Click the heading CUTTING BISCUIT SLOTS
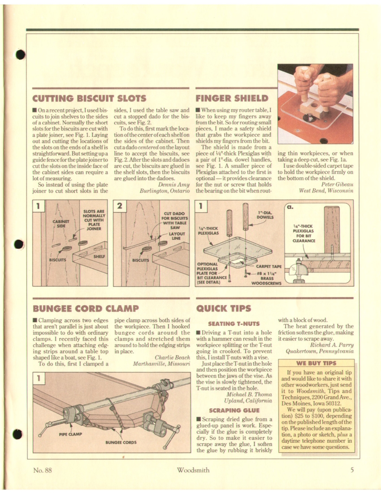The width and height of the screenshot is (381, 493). click(x=89, y=99)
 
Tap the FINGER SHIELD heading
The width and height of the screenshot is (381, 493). click(x=232, y=99)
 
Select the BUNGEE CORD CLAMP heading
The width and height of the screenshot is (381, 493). click(x=86, y=308)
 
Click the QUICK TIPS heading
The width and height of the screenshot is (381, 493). click(x=224, y=308)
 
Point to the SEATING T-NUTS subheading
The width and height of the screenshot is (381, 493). click(x=234, y=324)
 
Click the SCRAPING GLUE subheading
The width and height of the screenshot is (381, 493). click(x=234, y=410)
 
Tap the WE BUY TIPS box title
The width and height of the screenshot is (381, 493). click(x=316, y=363)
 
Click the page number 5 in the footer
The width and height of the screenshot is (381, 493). click(x=352, y=470)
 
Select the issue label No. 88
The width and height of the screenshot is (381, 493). click(x=43, y=470)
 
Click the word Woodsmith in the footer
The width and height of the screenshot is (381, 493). click(x=193, y=470)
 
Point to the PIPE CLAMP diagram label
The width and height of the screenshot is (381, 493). click(x=70, y=434)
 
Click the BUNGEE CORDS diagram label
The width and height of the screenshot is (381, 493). click(x=121, y=442)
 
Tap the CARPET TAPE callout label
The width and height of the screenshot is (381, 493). click(x=269, y=266)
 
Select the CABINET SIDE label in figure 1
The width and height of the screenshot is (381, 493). click(x=61, y=224)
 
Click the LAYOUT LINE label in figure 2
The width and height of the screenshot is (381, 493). click(x=177, y=236)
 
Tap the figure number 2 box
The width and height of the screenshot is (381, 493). click(x=119, y=206)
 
